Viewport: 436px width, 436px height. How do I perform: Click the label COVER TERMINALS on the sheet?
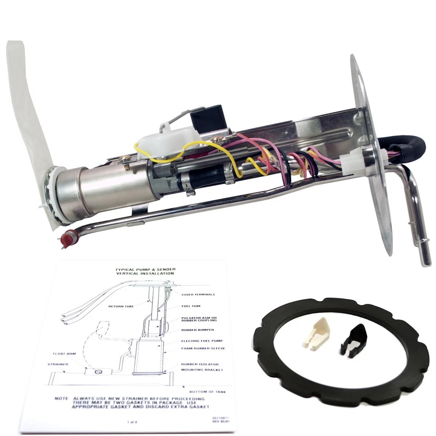coord(198,295)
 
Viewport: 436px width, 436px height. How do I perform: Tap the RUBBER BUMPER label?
coord(197,330)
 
